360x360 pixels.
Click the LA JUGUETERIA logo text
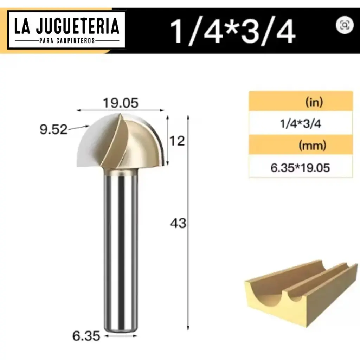point(66,27)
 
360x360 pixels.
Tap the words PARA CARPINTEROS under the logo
point(67,41)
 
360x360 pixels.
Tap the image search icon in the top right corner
point(345,25)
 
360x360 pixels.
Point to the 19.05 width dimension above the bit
point(121,103)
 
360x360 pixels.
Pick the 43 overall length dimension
point(178,223)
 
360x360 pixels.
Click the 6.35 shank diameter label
point(86,336)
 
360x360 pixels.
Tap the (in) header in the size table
point(314,103)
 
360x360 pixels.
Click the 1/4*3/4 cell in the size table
point(301,124)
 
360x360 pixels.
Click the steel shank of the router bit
point(120,246)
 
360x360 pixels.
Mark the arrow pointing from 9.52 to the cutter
point(79,128)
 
